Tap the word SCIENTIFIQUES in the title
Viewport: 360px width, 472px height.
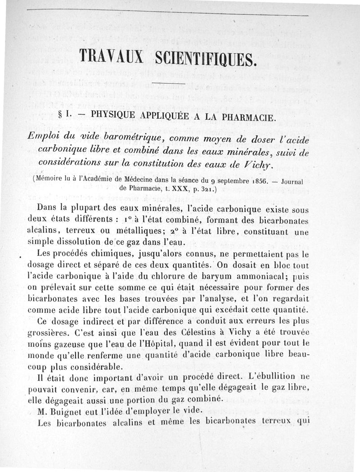pyautogui.click(x=205, y=59)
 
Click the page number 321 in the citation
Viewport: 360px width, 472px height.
pyautogui.click(x=207, y=189)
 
